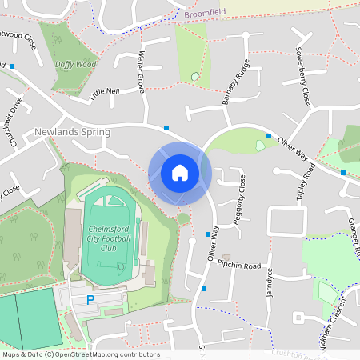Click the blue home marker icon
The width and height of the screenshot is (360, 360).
179,173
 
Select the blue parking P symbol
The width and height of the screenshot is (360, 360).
90,299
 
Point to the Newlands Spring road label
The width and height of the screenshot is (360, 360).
73,131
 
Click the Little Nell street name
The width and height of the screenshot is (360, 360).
105,92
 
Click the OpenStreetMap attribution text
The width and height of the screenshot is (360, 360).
80,354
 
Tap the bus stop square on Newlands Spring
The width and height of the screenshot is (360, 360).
166,127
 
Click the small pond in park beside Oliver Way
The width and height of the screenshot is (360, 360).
262,145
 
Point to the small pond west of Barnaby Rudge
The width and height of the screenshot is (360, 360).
195,77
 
